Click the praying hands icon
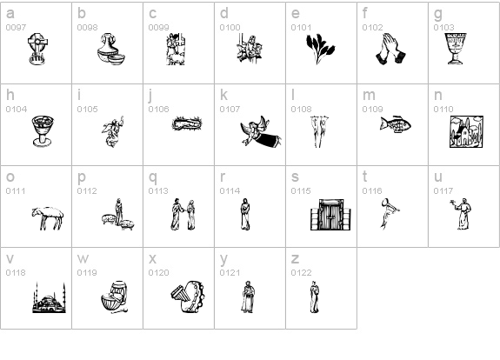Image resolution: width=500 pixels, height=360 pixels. click(x=390, y=49)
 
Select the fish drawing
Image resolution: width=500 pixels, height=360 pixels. click(x=396, y=124)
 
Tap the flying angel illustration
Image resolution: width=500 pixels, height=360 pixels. click(x=261, y=131)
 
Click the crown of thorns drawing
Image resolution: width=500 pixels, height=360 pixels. click(x=187, y=123)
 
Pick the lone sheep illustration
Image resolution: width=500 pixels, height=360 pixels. click(x=48, y=217)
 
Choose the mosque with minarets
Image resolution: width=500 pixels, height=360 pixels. click(x=49, y=298)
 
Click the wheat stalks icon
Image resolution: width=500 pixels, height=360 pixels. click(x=320, y=49)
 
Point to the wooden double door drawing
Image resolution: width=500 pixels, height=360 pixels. click(x=330, y=215)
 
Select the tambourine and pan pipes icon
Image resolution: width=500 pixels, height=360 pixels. click(x=188, y=297)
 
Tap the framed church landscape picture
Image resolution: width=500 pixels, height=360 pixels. click(x=466, y=131)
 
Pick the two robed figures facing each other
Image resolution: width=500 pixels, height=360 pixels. click(x=183, y=214)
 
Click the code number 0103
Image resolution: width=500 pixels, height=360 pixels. click(x=443, y=28)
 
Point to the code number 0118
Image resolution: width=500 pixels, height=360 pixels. click(x=16, y=273)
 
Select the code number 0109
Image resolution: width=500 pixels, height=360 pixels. click(x=372, y=110)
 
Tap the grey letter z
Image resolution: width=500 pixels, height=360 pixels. click(x=295, y=259)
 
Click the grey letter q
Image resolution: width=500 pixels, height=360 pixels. click(x=153, y=178)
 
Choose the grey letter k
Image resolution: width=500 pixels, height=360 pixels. click(x=223, y=95)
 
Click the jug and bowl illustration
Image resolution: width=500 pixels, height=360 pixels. click(x=111, y=49)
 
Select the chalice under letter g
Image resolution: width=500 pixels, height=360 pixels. click(x=456, y=49)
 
